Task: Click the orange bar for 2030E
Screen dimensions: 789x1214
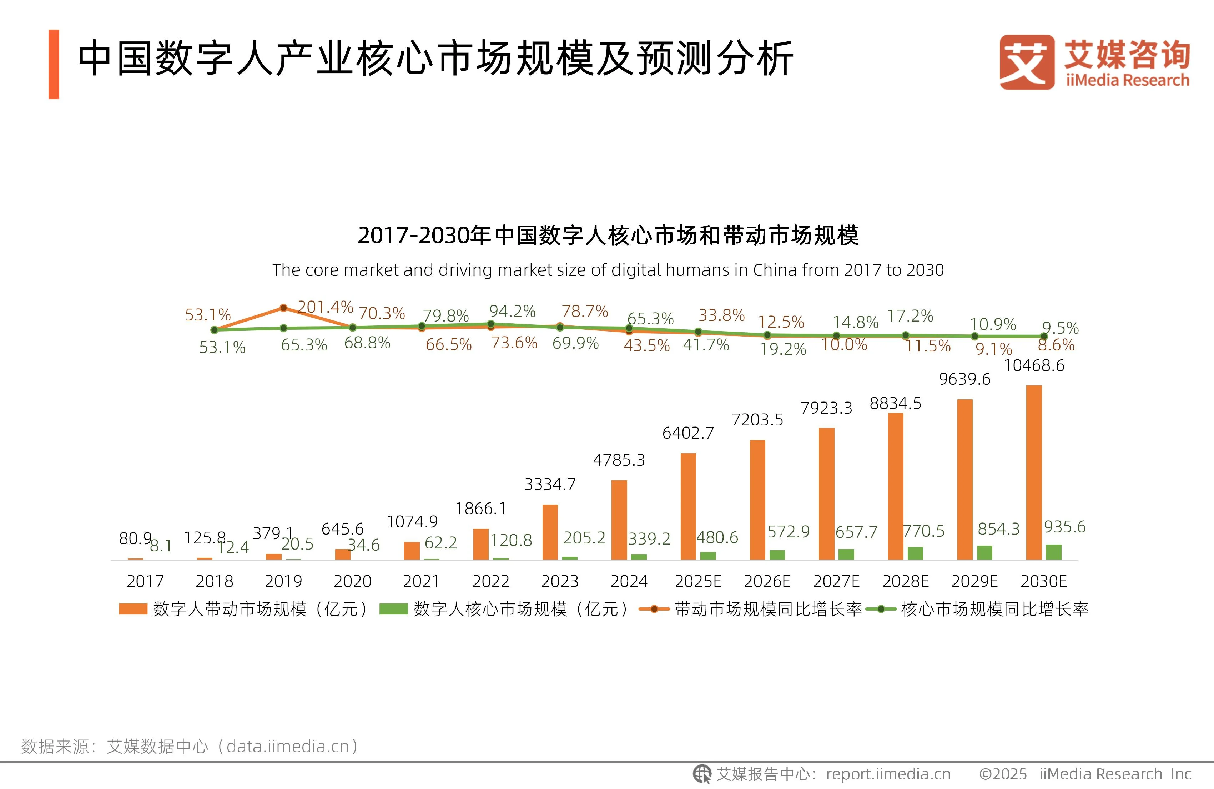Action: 1034,472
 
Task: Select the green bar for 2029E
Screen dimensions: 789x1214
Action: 984,552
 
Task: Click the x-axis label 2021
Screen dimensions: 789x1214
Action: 421,581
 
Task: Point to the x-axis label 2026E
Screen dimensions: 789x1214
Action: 767,581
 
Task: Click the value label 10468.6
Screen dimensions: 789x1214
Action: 1034,366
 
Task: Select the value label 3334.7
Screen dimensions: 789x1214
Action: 550,484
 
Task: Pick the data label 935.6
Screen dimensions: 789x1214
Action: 1064,526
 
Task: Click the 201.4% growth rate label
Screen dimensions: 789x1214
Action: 325,307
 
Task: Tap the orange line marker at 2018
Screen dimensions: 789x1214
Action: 284,308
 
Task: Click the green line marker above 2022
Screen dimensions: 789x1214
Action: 491,324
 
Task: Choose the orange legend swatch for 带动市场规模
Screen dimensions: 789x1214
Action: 133,609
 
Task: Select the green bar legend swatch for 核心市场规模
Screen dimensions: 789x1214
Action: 393,609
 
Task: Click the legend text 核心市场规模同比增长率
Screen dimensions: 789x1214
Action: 995,609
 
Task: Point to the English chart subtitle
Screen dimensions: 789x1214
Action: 608,270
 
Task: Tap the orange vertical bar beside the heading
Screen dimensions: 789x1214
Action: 54,64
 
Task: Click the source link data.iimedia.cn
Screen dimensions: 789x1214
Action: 288,746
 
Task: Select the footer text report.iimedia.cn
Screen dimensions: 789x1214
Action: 888,774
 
